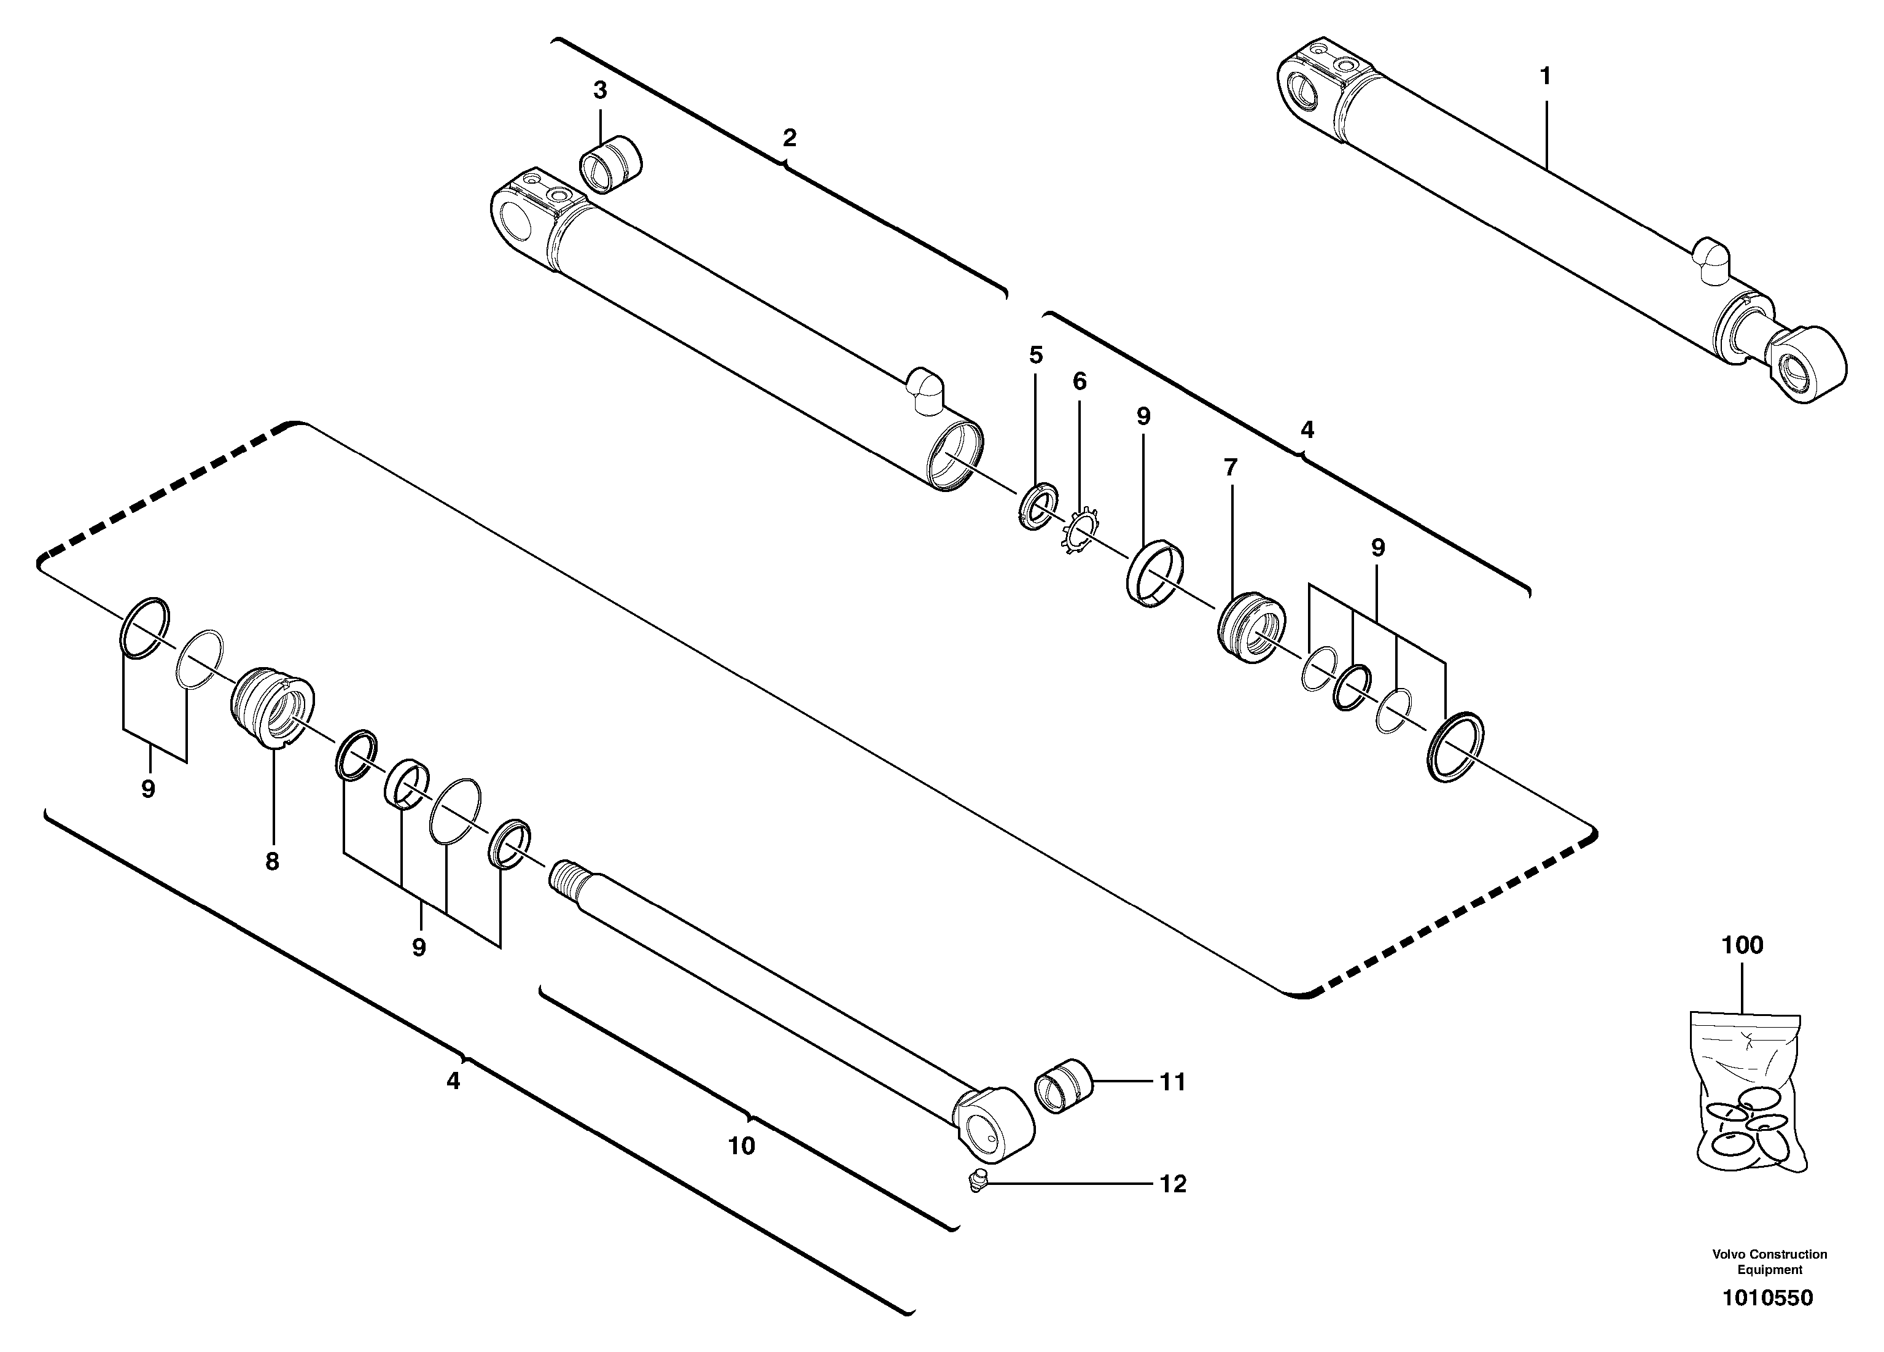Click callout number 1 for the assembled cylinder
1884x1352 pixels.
click(1545, 76)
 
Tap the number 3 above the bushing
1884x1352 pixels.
click(600, 90)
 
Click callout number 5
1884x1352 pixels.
click(1035, 356)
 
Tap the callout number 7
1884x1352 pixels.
click(1230, 468)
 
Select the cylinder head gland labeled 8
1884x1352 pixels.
click(271, 707)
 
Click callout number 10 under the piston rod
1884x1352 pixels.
click(741, 1147)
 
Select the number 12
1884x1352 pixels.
click(1173, 1184)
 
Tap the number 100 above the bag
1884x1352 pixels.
click(1742, 945)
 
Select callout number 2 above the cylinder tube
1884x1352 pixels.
click(789, 138)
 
